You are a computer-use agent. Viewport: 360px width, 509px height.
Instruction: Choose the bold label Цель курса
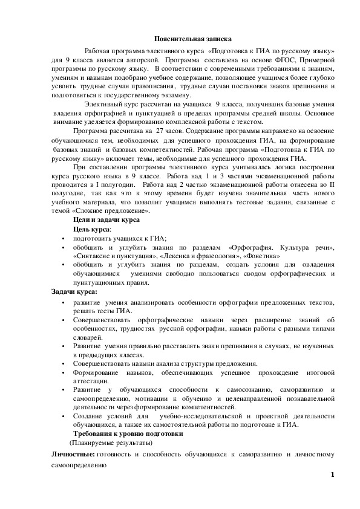tap(92, 230)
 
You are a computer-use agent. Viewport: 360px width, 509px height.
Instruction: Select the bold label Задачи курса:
tap(74, 292)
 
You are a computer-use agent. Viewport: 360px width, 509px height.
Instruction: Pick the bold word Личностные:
tap(72, 455)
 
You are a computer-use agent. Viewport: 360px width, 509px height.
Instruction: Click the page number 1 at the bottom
tap(332, 475)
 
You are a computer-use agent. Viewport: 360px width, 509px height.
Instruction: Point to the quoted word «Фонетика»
tap(261, 256)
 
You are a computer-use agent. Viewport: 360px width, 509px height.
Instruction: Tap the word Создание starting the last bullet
tap(89, 417)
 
